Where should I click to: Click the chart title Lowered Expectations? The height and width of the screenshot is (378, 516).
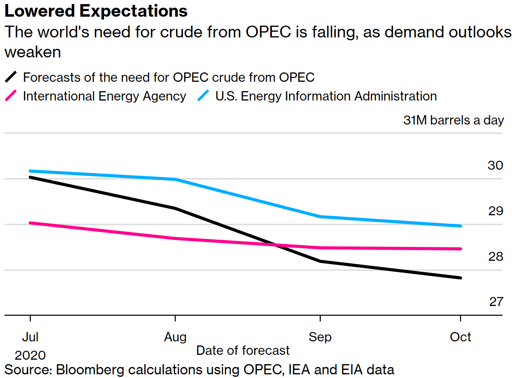point(96,11)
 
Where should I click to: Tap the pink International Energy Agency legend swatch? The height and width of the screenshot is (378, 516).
point(11,96)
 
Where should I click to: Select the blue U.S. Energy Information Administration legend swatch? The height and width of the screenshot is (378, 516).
point(203,96)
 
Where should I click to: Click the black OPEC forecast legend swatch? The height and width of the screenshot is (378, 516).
point(11,77)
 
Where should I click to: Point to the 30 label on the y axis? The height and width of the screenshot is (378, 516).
point(495,166)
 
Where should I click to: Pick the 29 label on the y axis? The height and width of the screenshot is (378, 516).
point(495,211)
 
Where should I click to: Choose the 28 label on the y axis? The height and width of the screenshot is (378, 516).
point(495,257)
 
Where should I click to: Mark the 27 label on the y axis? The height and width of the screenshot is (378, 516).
point(496,302)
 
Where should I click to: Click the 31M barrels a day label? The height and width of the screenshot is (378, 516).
point(453,120)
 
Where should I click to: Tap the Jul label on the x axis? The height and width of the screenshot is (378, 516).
point(30,337)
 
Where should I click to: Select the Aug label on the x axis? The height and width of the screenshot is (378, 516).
point(175,337)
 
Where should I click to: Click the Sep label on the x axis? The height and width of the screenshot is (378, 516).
point(320,337)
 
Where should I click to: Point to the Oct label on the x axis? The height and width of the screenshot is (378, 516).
point(460,337)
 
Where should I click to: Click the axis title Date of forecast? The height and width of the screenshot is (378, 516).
point(243,350)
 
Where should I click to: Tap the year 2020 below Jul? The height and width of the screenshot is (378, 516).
point(30,355)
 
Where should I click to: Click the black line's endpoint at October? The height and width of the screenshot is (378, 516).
point(461,278)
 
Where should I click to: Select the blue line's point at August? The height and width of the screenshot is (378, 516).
point(175,179)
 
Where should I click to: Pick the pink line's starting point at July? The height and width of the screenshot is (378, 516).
point(31,223)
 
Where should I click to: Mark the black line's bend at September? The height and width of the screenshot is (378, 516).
point(320,261)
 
